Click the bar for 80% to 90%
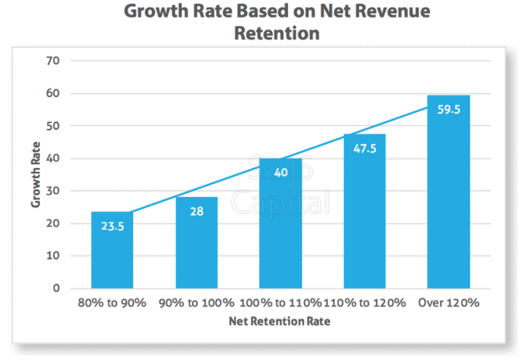pyautogui.click(x=112, y=250)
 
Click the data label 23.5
pyautogui.click(x=112, y=226)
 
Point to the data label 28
pyautogui.click(x=196, y=212)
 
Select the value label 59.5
pyautogui.click(x=448, y=110)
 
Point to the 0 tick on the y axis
pyautogui.click(x=55, y=288)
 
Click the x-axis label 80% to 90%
pyautogui.click(x=111, y=303)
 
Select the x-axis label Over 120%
pyautogui.click(x=448, y=303)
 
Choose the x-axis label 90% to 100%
pyautogui.click(x=196, y=303)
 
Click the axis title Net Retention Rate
pyautogui.click(x=280, y=320)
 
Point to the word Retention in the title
pyautogui.click(x=277, y=33)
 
